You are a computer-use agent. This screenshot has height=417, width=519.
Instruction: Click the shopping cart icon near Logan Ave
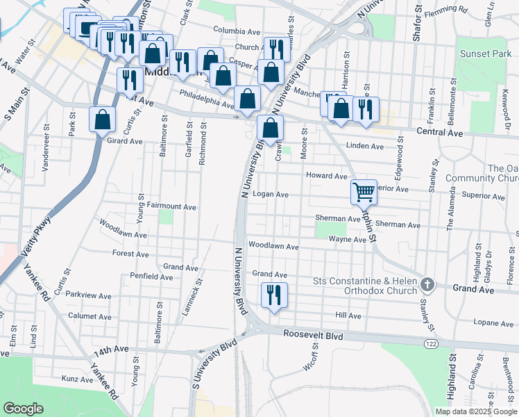point(364,191)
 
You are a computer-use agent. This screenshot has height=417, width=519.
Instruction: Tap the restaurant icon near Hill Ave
point(274,295)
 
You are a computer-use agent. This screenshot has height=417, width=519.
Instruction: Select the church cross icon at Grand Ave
point(427,284)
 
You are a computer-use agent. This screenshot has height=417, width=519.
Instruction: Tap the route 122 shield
point(430,343)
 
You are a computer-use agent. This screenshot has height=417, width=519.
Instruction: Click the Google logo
point(23,409)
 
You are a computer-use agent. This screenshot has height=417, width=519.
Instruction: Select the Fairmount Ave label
point(171,206)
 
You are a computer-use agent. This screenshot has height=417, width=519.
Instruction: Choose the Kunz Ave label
point(77,379)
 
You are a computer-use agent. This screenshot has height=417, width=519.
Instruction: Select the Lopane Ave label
point(493,322)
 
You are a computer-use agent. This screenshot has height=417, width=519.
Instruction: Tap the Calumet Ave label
point(90,316)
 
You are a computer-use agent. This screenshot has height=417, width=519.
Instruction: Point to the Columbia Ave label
point(237,31)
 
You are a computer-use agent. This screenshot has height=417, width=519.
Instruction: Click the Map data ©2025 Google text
point(475,411)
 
